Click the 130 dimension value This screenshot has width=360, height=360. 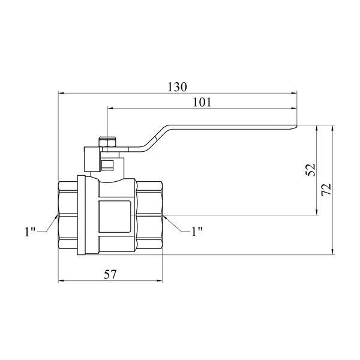[x=177, y=87]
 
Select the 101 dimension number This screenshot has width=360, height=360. [x=202, y=102]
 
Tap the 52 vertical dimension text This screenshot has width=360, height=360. [x=310, y=170]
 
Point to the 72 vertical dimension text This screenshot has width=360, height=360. [x=326, y=190]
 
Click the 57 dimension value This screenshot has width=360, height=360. [x=110, y=274]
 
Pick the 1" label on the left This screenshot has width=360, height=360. [x=30, y=232]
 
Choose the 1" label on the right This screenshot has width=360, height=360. [x=197, y=232]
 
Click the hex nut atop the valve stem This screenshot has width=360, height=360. [x=107, y=142]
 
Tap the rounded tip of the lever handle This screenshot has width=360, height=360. [x=295, y=127]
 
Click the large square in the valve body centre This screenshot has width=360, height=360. [x=115, y=217]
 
